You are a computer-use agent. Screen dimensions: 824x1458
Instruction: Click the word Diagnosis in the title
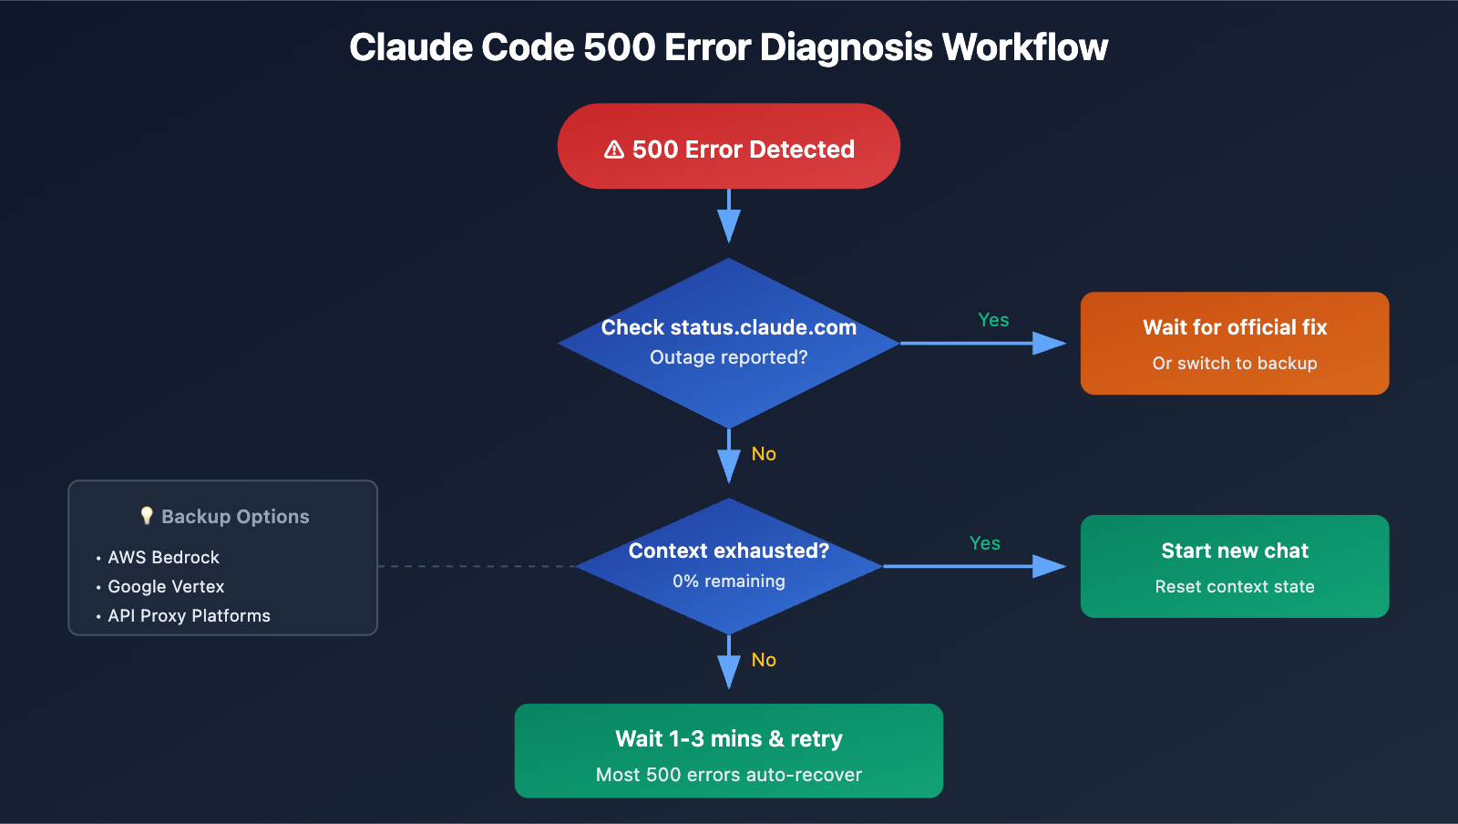(x=846, y=47)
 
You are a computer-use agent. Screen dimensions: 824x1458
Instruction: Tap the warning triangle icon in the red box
(x=614, y=149)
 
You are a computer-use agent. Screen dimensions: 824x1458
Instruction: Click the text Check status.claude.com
(x=729, y=327)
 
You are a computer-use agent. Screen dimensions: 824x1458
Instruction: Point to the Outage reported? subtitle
(x=729, y=357)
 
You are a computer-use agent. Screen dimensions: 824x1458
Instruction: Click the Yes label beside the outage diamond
(x=993, y=320)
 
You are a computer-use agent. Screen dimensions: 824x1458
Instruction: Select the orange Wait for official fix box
(x=1235, y=343)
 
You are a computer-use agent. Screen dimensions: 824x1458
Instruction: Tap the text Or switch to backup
(x=1235, y=363)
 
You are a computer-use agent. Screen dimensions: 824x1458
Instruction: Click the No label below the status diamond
(x=764, y=454)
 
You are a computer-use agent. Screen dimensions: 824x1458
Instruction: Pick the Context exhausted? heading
(x=729, y=551)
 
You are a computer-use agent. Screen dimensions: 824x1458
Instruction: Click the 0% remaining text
(x=729, y=581)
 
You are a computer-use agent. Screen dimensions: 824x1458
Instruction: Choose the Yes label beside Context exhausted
(x=985, y=543)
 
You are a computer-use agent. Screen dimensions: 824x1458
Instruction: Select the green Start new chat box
(x=1235, y=566)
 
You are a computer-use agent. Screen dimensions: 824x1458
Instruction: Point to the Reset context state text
(x=1235, y=587)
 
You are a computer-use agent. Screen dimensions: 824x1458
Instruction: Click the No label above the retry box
(x=764, y=660)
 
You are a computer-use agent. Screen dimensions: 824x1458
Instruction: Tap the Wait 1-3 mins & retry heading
(x=729, y=738)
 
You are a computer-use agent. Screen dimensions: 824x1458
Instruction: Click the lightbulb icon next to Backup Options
(x=147, y=516)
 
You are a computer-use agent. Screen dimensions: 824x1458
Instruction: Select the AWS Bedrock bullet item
(x=164, y=557)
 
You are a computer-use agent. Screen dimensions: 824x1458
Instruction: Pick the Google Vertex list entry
(x=166, y=586)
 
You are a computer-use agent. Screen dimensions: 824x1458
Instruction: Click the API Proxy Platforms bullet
(x=189, y=615)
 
